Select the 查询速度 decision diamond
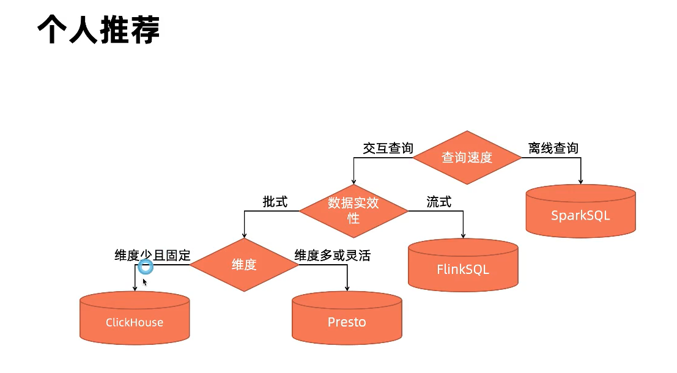click(x=467, y=157)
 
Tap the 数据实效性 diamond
click(x=353, y=210)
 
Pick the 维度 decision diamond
click(x=244, y=265)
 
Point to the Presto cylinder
click(x=347, y=319)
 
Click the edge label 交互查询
click(x=388, y=148)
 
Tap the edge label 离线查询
click(x=553, y=148)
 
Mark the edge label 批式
click(x=275, y=202)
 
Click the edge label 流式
click(x=438, y=202)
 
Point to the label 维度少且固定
click(x=152, y=255)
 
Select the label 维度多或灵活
click(x=333, y=255)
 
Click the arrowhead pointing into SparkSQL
click(x=580, y=181)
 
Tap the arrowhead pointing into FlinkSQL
click(x=463, y=235)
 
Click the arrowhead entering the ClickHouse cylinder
click(x=135, y=289)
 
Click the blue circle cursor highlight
click(x=146, y=267)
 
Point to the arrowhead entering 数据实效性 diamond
click(x=353, y=182)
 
